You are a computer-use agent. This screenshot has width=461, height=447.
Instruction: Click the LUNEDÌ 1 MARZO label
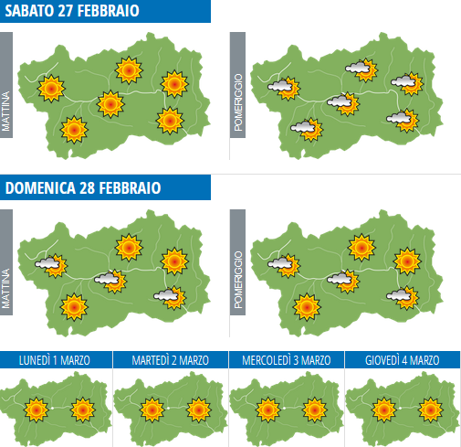57,361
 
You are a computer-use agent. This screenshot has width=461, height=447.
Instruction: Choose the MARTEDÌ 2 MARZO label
171,361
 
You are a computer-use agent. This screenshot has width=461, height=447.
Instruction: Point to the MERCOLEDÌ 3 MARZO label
287,361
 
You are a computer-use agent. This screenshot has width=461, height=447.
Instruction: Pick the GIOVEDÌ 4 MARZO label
403,361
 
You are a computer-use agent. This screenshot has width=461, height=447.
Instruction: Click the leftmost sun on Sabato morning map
50,88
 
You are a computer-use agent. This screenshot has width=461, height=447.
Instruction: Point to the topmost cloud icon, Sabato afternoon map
360,68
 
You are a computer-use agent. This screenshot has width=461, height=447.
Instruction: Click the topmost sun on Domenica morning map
129,246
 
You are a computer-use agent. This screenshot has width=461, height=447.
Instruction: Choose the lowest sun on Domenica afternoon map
306,306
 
